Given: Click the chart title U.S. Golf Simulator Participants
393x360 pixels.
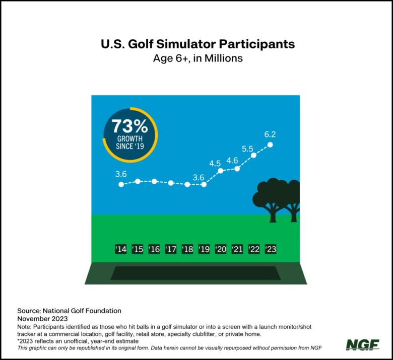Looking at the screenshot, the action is click(x=198, y=44).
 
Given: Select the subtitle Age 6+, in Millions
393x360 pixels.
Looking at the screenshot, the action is click(x=198, y=58).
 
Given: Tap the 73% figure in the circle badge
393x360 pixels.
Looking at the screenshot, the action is click(x=130, y=126).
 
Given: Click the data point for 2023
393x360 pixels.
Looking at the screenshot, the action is click(x=270, y=145).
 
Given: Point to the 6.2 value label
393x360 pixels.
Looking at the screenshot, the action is click(x=270, y=134).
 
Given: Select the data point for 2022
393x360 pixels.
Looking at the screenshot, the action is click(x=253, y=155).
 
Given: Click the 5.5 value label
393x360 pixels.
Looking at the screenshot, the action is click(x=247, y=149).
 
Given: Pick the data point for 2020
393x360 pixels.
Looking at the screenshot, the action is click(x=221, y=171).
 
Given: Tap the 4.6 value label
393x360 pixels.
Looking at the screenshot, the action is click(x=232, y=161).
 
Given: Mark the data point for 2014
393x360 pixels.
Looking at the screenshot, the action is click(x=121, y=184).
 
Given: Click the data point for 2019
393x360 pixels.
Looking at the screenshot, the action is click(x=204, y=184).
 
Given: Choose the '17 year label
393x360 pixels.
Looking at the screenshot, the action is click(x=171, y=249).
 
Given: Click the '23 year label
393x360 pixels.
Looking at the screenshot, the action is click(x=271, y=249).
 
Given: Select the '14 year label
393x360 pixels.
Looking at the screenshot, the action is click(x=121, y=249).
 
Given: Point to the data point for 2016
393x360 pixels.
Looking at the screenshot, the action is click(x=154, y=181).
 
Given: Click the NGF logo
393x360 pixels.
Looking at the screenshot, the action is click(x=362, y=345).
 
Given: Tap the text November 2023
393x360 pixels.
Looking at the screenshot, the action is click(x=42, y=319).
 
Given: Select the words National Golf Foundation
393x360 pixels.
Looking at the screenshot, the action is click(x=82, y=311).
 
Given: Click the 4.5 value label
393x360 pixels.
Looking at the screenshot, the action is click(x=215, y=164).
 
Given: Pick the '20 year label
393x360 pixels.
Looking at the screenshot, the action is click(x=221, y=249).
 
